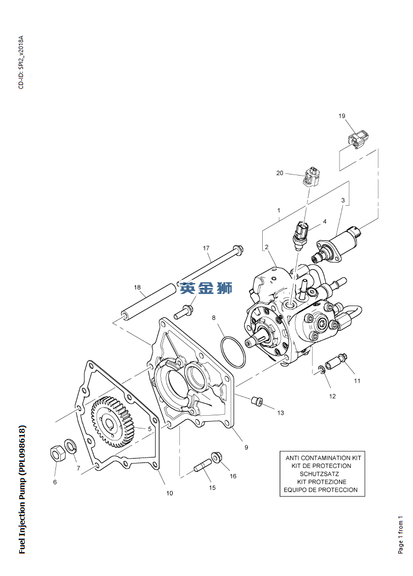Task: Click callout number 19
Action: [x=342, y=116]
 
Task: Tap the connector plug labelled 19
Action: [x=357, y=139]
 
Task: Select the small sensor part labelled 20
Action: [x=310, y=177]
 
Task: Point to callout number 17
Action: [x=206, y=248]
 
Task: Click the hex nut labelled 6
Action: [x=56, y=454]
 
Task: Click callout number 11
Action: [x=357, y=380]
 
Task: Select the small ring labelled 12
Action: [x=322, y=371]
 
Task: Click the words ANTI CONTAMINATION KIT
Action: [x=323, y=457]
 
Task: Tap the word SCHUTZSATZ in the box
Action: [x=323, y=473]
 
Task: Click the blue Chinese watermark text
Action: [x=206, y=287]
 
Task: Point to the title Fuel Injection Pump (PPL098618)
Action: [x=22, y=489]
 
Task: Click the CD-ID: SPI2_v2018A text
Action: [x=21, y=63]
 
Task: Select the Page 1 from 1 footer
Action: [x=400, y=534]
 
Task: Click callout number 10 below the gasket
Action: [x=169, y=493]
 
